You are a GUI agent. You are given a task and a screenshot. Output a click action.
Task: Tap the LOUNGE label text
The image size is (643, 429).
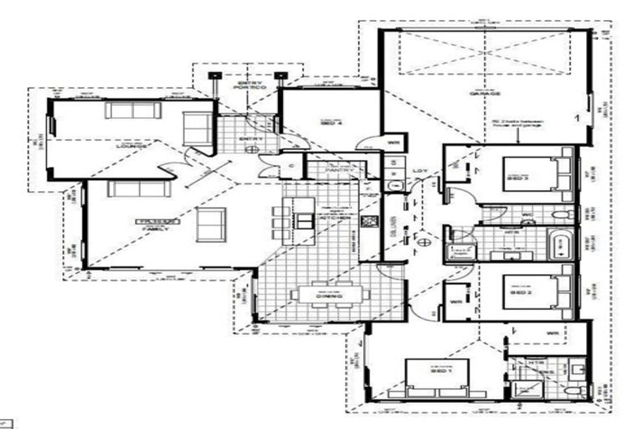tap(133, 146)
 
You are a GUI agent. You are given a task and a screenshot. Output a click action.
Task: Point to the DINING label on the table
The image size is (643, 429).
tap(329, 296)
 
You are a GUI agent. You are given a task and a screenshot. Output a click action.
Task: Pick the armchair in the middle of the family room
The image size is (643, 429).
tap(210, 224)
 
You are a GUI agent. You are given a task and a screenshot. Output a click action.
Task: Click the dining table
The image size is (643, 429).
tap(329, 296)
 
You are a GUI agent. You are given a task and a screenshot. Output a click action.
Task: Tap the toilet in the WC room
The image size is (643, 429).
tap(563, 215)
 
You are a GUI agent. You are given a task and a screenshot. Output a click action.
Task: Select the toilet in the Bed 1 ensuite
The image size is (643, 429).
tap(574, 390)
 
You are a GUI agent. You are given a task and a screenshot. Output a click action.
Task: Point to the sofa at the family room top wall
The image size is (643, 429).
tap(138, 189)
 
